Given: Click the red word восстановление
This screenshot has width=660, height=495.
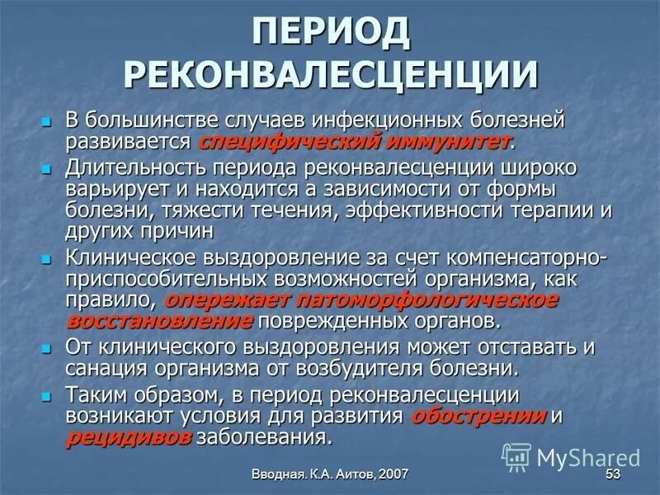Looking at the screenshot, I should pyautogui.click(x=160, y=318).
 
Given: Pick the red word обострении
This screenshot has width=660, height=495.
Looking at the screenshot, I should pyautogui.click(x=479, y=415).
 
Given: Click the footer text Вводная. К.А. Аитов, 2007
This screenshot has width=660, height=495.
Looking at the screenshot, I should pyautogui.click(x=330, y=474).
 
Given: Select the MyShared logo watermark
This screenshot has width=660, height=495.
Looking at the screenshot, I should pyautogui.click(x=571, y=456).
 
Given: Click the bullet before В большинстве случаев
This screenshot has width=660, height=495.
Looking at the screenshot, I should pyautogui.click(x=48, y=121).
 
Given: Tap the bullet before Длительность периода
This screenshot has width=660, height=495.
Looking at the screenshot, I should pyautogui.click(x=48, y=169).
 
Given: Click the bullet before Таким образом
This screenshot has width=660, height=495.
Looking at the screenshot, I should pyautogui.click(x=48, y=396).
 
